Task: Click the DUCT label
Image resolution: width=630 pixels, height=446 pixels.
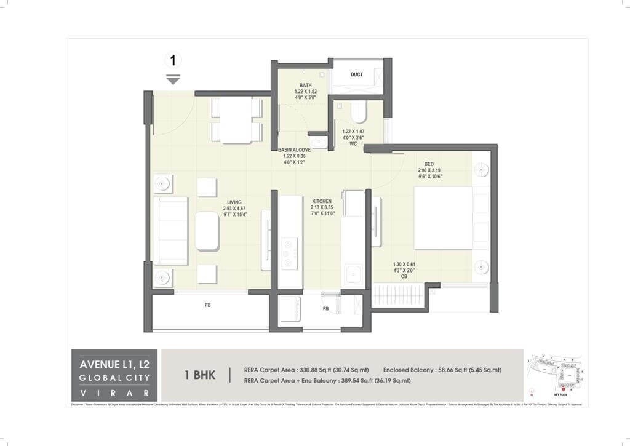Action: click(357, 74)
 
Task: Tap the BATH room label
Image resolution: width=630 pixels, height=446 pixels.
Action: click(306, 85)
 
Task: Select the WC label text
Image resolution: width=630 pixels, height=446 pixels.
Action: click(353, 145)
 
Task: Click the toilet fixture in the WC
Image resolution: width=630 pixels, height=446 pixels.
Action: click(358, 113)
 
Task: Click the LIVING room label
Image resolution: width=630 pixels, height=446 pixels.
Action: click(234, 202)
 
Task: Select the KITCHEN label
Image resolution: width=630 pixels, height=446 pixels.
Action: click(321, 201)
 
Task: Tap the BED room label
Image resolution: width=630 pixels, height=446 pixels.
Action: click(429, 164)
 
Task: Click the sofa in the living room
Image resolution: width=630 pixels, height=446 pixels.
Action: click(170, 231)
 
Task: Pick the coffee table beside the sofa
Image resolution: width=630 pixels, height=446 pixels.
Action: click(207, 231)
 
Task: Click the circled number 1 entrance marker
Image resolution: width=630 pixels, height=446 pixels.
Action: click(173, 60)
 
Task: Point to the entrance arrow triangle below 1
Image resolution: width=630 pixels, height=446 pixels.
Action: click(173, 80)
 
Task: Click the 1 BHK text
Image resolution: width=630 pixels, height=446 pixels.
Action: click(200, 375)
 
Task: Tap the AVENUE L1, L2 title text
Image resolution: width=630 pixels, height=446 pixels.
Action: click(114, 364)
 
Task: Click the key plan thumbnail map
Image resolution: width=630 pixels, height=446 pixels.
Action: click(556, 374)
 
